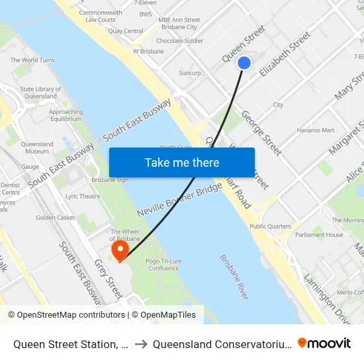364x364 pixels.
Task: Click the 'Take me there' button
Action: [x=182, y=162]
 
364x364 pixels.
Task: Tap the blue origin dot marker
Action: [x=244, y=63]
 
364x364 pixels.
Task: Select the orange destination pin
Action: [x=120, y=250]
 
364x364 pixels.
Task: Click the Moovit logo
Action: [x=324, y=343]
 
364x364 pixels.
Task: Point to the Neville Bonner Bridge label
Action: [x=179, y=201]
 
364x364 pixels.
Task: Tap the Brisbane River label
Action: [x=234, y=277]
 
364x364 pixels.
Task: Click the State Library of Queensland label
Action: [x=40, y=93]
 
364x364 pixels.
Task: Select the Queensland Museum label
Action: [x=37, y=148]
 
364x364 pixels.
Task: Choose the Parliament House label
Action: [x=319, y=235]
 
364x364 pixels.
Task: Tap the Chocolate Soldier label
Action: [x=179, y=40]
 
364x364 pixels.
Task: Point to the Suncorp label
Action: [x=189, y=73]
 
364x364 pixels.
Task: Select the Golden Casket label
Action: [x=56, y=217]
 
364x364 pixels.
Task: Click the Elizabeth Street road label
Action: [x=286, y=54]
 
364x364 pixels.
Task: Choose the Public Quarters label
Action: [x=270, y=226]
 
